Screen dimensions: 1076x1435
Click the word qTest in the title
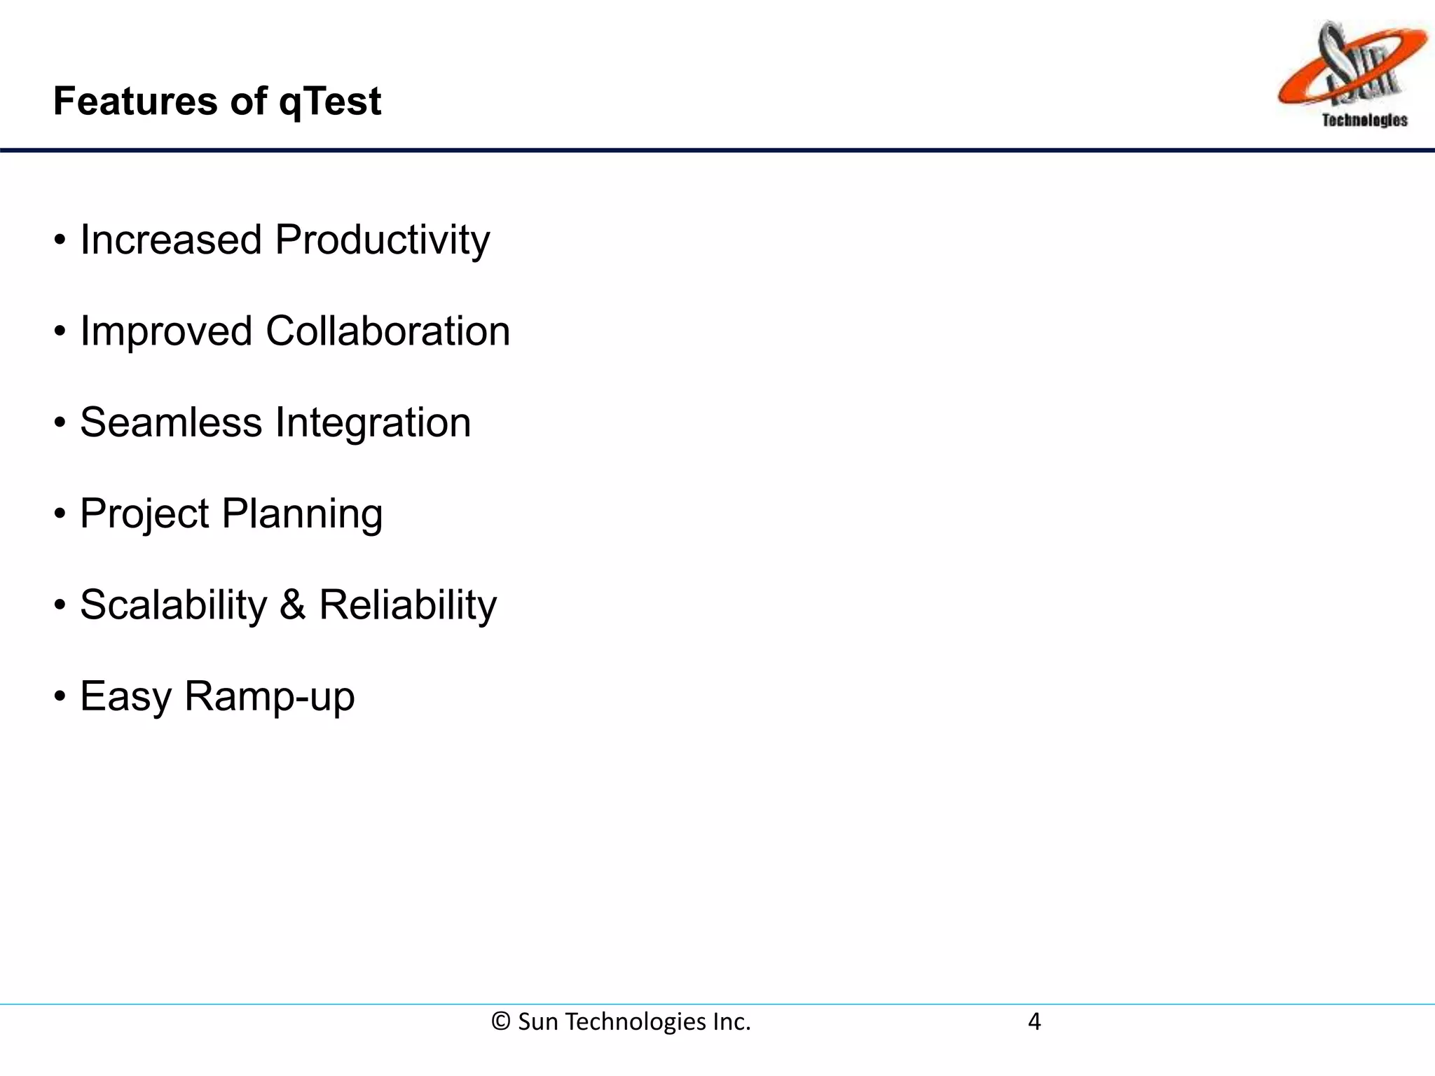tap(330, 102)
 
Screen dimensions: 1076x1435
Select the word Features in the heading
tap(135, 101)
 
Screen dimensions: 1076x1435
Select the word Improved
tap(166, 331)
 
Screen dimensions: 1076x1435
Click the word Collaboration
tap(387, 331)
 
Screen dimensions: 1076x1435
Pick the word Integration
tap(373, 424)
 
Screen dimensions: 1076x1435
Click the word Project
tap(144, 515)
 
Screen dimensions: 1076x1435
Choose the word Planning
tap(302, 515)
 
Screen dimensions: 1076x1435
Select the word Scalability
tap(174, 605)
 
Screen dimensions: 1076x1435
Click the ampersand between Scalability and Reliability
tap(293, 605)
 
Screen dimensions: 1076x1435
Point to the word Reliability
tap(408, 605)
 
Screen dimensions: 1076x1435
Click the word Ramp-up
tap(270, 698)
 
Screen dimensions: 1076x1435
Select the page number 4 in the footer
tap(1034, 1022)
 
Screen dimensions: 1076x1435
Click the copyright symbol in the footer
tap(500, 1022)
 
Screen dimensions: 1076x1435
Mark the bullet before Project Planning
tap(60, 515)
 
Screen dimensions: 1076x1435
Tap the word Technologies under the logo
tap(1364, 120)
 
